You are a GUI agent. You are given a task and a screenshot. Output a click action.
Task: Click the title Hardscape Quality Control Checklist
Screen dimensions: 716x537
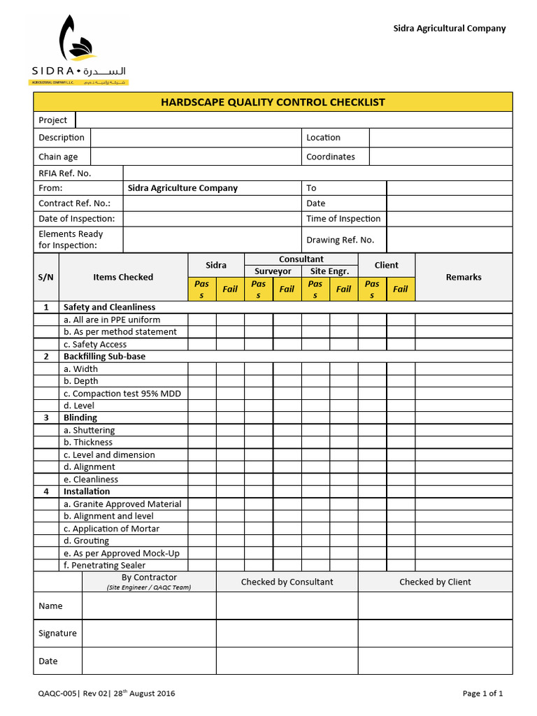pos(273,102)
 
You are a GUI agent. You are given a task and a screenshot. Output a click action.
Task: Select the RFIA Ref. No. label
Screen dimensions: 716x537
pos(65,173)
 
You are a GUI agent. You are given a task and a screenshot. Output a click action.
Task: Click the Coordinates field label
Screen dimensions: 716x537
pos(330,157)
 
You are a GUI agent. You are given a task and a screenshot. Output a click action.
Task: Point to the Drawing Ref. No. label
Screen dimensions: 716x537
pos(340,240)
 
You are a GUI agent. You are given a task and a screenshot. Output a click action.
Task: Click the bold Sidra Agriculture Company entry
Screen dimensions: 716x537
pos(182,188)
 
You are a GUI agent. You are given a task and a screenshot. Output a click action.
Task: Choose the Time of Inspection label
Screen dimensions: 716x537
pos(343,219)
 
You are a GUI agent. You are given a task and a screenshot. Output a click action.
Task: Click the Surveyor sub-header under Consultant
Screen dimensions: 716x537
pos(273,271)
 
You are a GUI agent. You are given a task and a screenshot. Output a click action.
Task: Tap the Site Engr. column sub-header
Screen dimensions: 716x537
pos(329,271)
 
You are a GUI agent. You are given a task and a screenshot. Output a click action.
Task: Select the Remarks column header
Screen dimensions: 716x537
pos(464,277)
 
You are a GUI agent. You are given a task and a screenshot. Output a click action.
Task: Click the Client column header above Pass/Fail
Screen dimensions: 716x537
pos(386,265)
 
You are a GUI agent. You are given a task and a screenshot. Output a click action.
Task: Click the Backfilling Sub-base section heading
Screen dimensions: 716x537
pos(104,357)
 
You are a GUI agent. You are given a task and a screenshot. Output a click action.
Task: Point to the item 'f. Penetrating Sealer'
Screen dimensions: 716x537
pos(104,565)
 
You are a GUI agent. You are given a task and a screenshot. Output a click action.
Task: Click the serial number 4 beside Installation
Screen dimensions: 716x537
pos(46,492)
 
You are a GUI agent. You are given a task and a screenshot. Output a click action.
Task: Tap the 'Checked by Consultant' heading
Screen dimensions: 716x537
pos(287,582)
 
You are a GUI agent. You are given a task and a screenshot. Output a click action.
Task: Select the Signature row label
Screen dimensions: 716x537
pos(57,633)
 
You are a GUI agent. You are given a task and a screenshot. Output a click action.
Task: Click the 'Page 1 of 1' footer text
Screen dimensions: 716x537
pos(482,694)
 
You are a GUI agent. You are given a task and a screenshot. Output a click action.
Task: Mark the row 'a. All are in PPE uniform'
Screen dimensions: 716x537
pos(111,320)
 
